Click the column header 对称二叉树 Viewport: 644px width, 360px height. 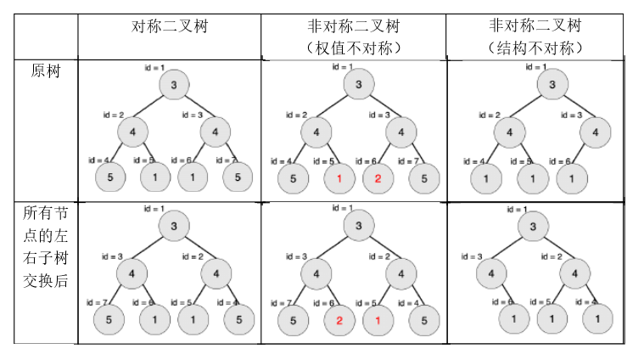point(170,26)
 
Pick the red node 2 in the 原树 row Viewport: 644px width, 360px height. point(378,178)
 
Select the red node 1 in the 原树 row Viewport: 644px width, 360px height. point(339,178)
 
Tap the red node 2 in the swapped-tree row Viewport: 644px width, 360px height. point(339,321)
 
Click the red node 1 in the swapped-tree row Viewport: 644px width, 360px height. point(378,321)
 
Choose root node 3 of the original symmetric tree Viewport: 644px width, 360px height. point(173,84)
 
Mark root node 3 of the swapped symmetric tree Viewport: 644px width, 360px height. point(173,226)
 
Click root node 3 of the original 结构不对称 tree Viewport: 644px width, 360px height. point(552,84)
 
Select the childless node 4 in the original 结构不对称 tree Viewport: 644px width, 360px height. point(596,132)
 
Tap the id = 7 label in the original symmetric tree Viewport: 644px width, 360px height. point(227,160)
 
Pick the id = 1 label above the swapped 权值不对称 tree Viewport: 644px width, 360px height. point(343,207)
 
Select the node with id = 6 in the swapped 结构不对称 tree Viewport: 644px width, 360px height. point(512,318)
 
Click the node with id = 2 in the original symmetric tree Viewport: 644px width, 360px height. point(132,132)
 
